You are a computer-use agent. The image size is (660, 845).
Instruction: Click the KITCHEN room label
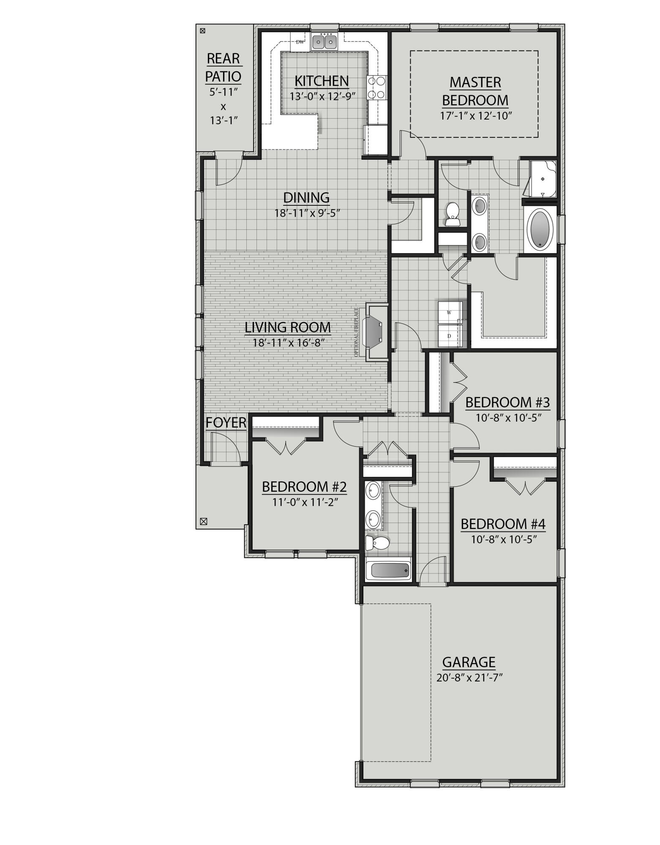pos(322,81)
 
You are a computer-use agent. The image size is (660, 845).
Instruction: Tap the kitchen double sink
pos(324,41)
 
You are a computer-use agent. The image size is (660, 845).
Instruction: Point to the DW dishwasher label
pos(300,42)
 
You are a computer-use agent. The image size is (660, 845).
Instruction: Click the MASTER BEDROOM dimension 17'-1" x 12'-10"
pos(476,115)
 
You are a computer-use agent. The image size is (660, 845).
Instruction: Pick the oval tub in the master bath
pos(541,230)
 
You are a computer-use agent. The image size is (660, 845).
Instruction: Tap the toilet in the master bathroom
pos(453,213)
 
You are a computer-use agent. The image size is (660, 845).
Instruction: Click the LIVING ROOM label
pos(288,327)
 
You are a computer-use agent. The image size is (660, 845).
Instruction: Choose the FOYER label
pos(226,422)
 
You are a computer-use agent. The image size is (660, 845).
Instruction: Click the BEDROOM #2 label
pos(304,487)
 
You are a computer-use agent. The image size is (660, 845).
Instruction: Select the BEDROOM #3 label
pos(507,402)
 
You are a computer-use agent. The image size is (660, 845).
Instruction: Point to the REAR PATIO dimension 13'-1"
pos(224,120)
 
